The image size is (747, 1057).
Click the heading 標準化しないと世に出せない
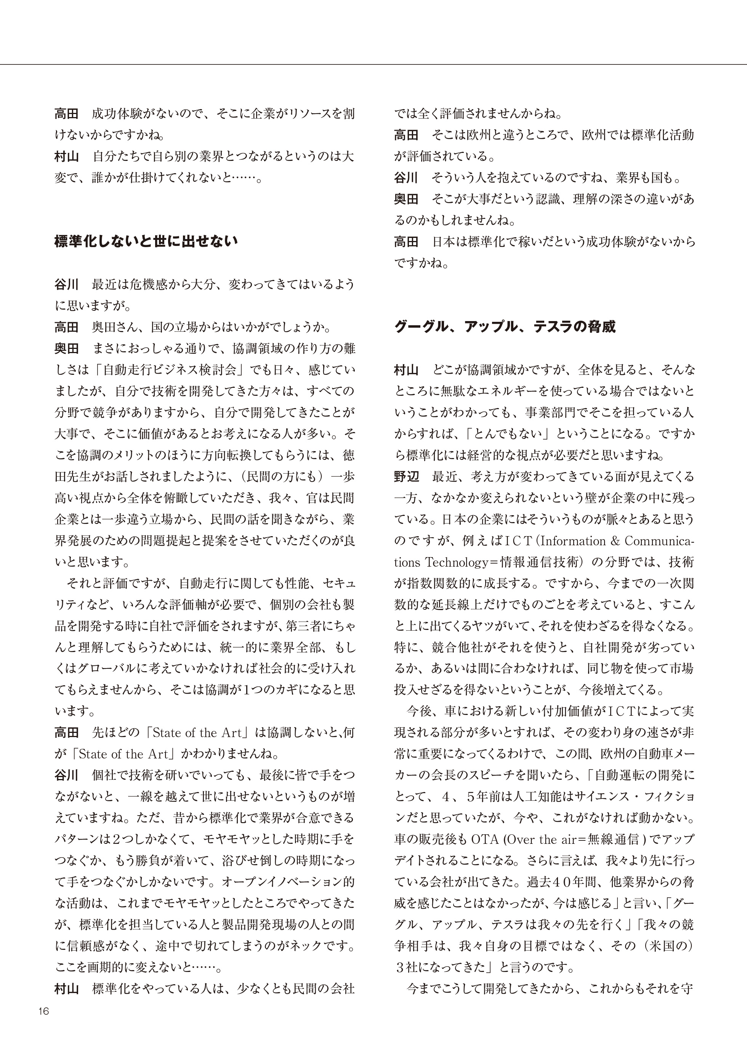(146, 241)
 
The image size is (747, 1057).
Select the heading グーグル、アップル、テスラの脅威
(505, 327)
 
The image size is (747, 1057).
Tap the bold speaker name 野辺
(406, 477)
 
